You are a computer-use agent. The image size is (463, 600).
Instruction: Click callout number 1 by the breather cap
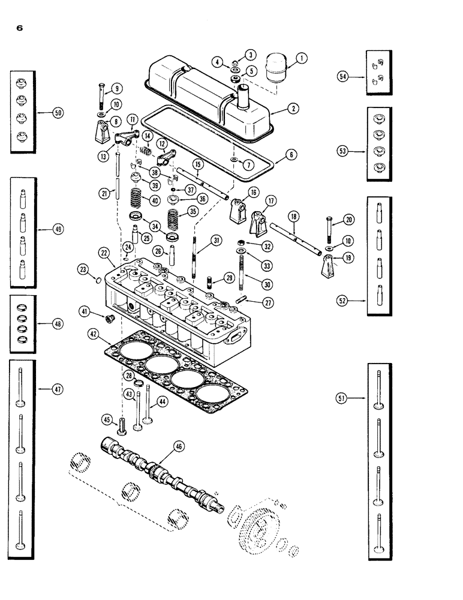click(302, 58)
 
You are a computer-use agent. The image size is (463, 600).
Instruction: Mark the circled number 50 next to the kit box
click(58, 112)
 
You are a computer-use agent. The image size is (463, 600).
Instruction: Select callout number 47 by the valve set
click(58, 389)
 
